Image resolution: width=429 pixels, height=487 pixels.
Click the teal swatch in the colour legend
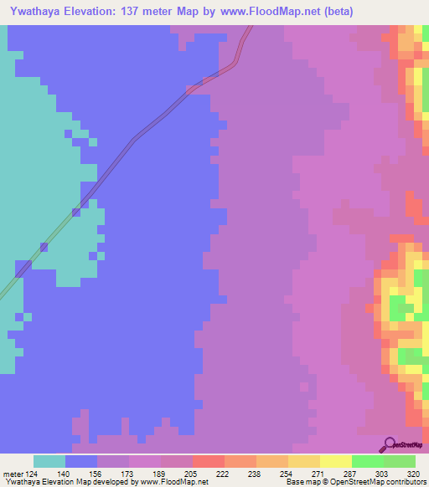(x=49, y=461)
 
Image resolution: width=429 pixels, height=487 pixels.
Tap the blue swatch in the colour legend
(x=81, y=461)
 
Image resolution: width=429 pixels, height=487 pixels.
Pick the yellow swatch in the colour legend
(x=336, y=461)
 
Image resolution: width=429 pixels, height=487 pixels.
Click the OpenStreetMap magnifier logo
(x=389, y=444)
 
